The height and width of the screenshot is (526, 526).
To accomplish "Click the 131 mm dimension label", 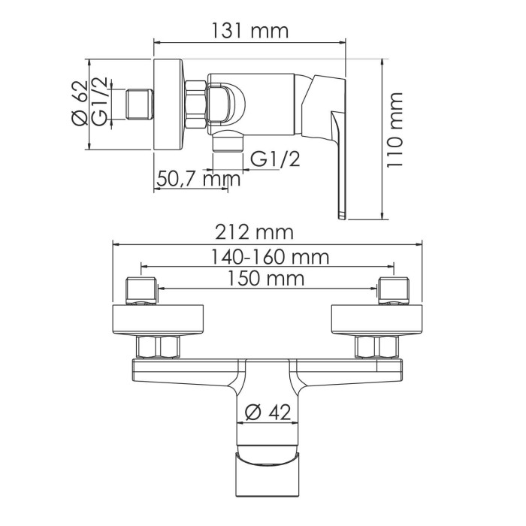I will tap(251, 32).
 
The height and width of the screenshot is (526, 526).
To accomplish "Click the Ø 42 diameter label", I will tap(269, 412).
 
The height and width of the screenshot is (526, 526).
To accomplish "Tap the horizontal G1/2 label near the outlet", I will tap(274, 159).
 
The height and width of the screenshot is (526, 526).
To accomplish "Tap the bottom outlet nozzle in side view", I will tap(228, 141).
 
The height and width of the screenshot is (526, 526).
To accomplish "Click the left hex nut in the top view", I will tap(158, 346).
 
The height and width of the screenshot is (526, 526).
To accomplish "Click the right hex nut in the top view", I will tap(376, 346).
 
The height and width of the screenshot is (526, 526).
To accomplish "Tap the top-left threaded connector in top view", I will tap(141, 291).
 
